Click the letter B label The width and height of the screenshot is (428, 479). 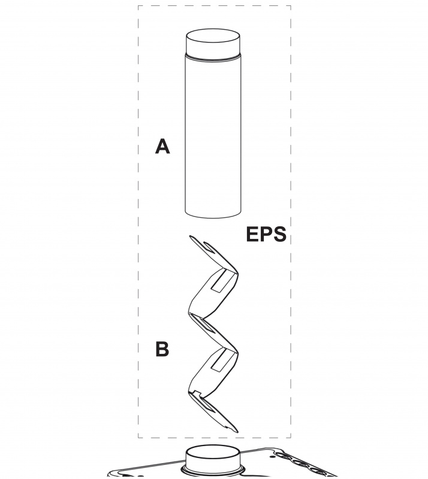click(x=162, y=349)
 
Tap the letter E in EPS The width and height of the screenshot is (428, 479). click(x=252, y=234)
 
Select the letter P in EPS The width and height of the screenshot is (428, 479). click(x=265, y=234)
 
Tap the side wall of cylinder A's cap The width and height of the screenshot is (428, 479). click(x=214, y=50)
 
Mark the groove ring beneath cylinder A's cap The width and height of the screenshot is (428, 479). click(x=214, y=58)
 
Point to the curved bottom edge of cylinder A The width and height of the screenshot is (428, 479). click(x=214, y=216)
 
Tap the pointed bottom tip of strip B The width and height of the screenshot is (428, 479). click(x=236, y=430)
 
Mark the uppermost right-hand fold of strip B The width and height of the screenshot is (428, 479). click(x=236, y=272)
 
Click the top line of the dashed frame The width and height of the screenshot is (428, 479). click(x=214, y=6)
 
